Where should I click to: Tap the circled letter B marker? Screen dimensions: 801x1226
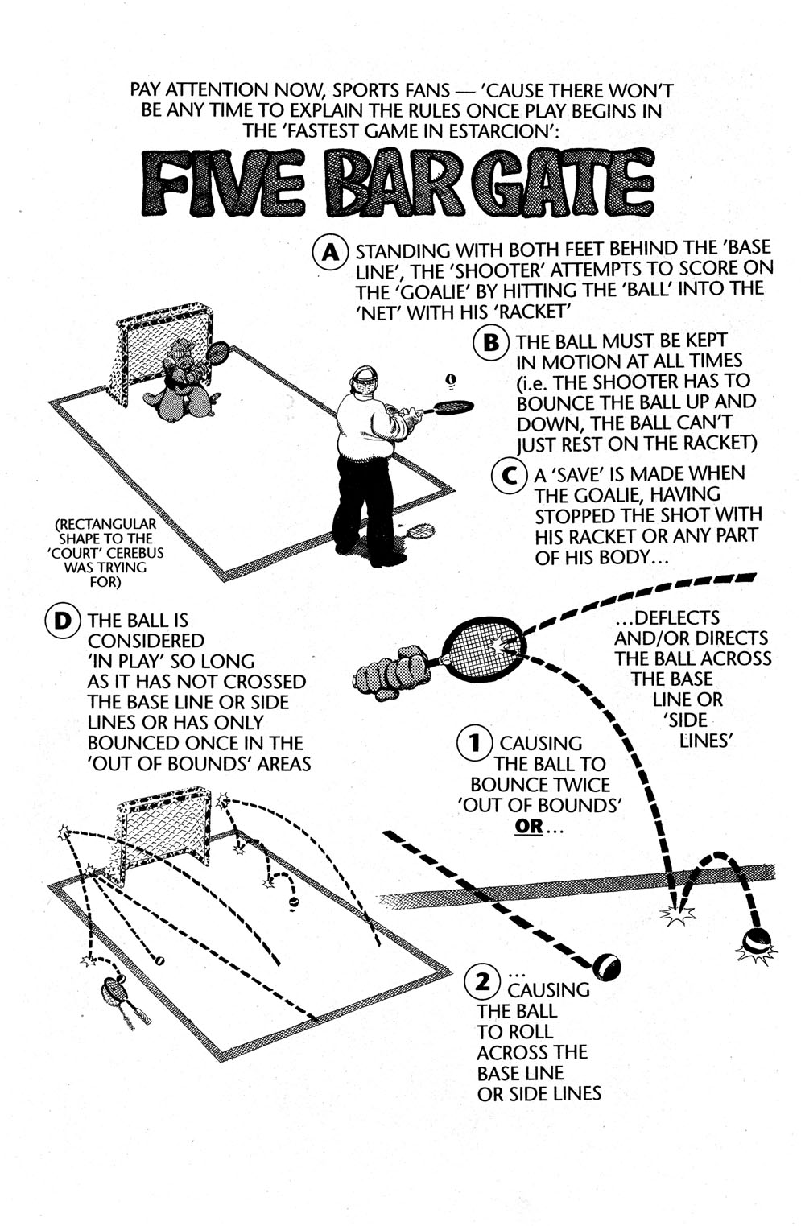coord(491,342)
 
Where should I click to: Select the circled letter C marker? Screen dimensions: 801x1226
coord(510,475)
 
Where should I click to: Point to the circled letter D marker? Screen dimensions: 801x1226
coord(63,621)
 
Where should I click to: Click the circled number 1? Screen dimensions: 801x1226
coord(475,743)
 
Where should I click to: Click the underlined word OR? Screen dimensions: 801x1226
coord(529,826)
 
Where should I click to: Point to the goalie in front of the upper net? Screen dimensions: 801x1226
coord(180,380)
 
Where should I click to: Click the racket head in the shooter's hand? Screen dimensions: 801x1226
coord(452,407)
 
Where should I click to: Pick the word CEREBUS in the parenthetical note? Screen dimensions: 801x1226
coord(134,553)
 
